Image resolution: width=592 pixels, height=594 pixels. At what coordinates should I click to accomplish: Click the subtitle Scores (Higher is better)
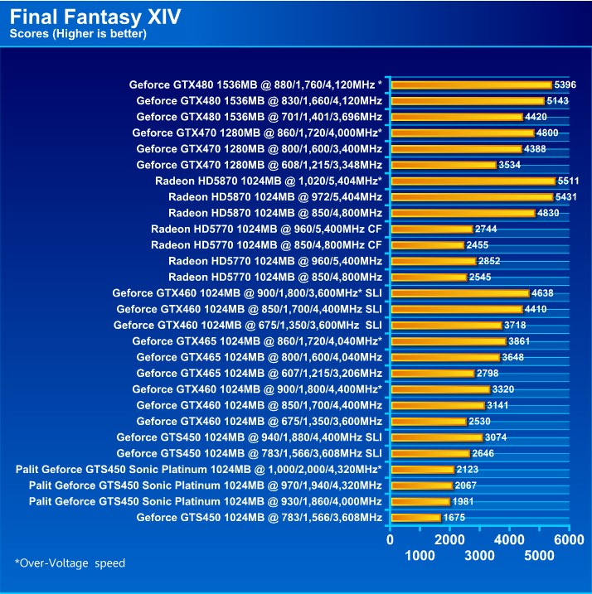click(78, 34)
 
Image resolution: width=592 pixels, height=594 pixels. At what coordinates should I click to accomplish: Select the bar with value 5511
click(473, 181)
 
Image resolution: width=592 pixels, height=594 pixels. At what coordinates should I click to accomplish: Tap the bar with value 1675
click(415, 518)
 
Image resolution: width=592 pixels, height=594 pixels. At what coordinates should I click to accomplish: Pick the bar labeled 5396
click(471, 85)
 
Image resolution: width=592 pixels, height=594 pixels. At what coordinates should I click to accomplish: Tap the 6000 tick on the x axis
click(569, 538)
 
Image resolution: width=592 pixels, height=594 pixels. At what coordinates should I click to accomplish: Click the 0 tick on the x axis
click(391, 538)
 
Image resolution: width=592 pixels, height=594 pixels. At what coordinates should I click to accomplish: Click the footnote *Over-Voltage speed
click(70, 563)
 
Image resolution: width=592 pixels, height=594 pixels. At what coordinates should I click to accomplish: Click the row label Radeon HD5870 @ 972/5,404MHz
click(274, 197)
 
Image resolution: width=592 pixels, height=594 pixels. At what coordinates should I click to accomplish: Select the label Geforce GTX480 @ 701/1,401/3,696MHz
click(259, 117)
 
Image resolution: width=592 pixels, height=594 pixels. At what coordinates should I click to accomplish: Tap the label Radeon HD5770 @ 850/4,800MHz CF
click(266, 245)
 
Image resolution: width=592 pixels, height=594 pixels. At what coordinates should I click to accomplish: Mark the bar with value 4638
click(459, 293)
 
